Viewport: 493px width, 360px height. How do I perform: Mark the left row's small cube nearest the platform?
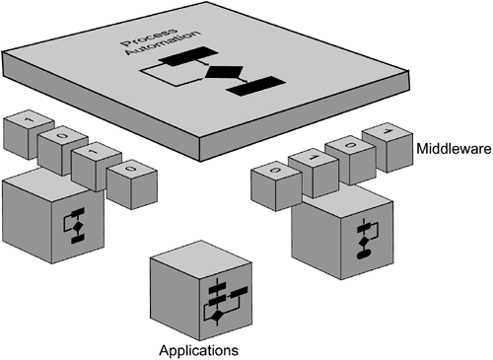pos(127,183)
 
